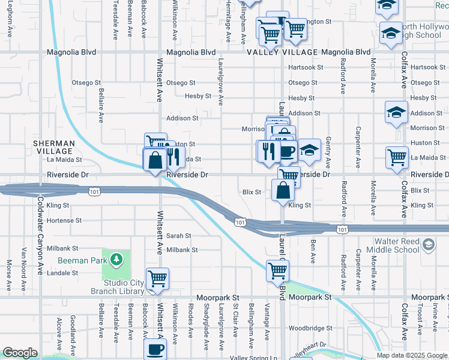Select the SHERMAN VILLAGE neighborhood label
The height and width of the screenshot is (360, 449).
coord(53,148)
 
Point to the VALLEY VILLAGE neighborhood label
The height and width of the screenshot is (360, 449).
coord(282,52)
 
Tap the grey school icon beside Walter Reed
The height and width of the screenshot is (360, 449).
coord(427,244)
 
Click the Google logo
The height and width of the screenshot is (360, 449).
coord(20,353)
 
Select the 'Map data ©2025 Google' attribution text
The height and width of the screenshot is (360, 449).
coord(411,355)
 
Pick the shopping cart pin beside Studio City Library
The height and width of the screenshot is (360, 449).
coord(157,278)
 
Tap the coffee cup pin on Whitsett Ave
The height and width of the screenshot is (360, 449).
coord(155,349)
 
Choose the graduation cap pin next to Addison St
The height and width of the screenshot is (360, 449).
coord(396,112)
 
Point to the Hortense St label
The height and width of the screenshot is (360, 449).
coord(64,220)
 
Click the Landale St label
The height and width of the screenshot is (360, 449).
coord(63,272)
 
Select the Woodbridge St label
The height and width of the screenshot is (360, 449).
coord(310,328)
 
